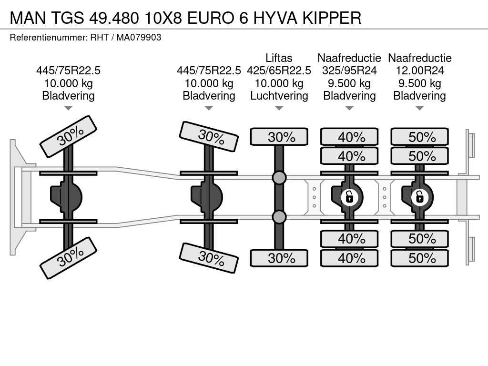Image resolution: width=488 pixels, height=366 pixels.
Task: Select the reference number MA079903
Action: (x=139, y=37)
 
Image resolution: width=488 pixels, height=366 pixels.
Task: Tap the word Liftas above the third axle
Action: (x=279, y=58)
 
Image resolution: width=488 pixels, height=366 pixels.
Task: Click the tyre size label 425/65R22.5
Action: (x=279, y=71)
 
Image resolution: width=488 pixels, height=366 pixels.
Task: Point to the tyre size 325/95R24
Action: (x=349, y=71)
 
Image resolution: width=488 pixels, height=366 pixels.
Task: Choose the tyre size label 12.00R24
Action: (x=419, y=71)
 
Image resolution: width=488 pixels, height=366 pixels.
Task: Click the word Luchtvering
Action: (x=279, y=96)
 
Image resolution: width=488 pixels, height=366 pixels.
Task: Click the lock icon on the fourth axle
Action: (x=349, y=196)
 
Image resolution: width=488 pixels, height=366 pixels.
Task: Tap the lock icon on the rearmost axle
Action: (x=419, y=196)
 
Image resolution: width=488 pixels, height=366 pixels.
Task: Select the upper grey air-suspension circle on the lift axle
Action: (x=279, y=178)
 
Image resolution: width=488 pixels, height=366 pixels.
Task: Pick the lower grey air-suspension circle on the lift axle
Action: (x=279, y=217)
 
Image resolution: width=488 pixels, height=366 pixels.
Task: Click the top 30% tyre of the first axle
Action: (x=68, y=136)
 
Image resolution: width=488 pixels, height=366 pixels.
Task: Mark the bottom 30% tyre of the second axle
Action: (x=208, y=258)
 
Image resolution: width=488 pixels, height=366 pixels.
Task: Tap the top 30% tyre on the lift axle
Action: (x=279, y=137)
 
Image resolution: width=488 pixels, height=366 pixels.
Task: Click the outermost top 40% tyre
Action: (x=349, y=137)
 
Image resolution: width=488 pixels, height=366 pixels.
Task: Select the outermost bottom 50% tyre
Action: (x=419, y=258)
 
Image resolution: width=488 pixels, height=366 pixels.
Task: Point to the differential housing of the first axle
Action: (x=67, y=196)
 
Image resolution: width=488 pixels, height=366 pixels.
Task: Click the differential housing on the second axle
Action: (x=208, y=196)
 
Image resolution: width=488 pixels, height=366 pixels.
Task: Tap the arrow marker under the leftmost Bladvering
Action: (x=68, y=108)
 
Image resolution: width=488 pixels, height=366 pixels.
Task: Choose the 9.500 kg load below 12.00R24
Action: (x=419, y=83)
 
